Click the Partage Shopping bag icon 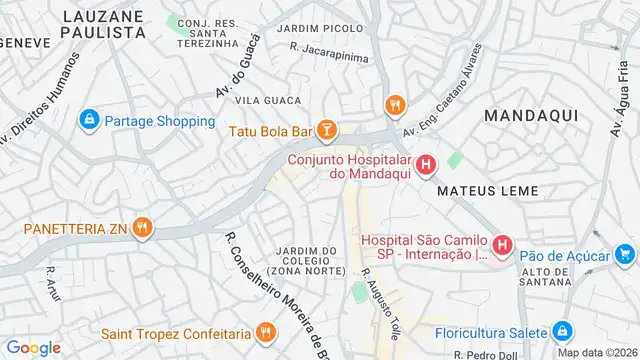(90, 121)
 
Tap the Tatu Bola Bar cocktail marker (325, 129)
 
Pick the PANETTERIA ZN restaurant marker (143, 228)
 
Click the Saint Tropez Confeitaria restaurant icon (265, 332)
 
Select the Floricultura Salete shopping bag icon (562, 331)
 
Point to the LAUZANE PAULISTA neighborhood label (103, 24)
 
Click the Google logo (33, 347)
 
